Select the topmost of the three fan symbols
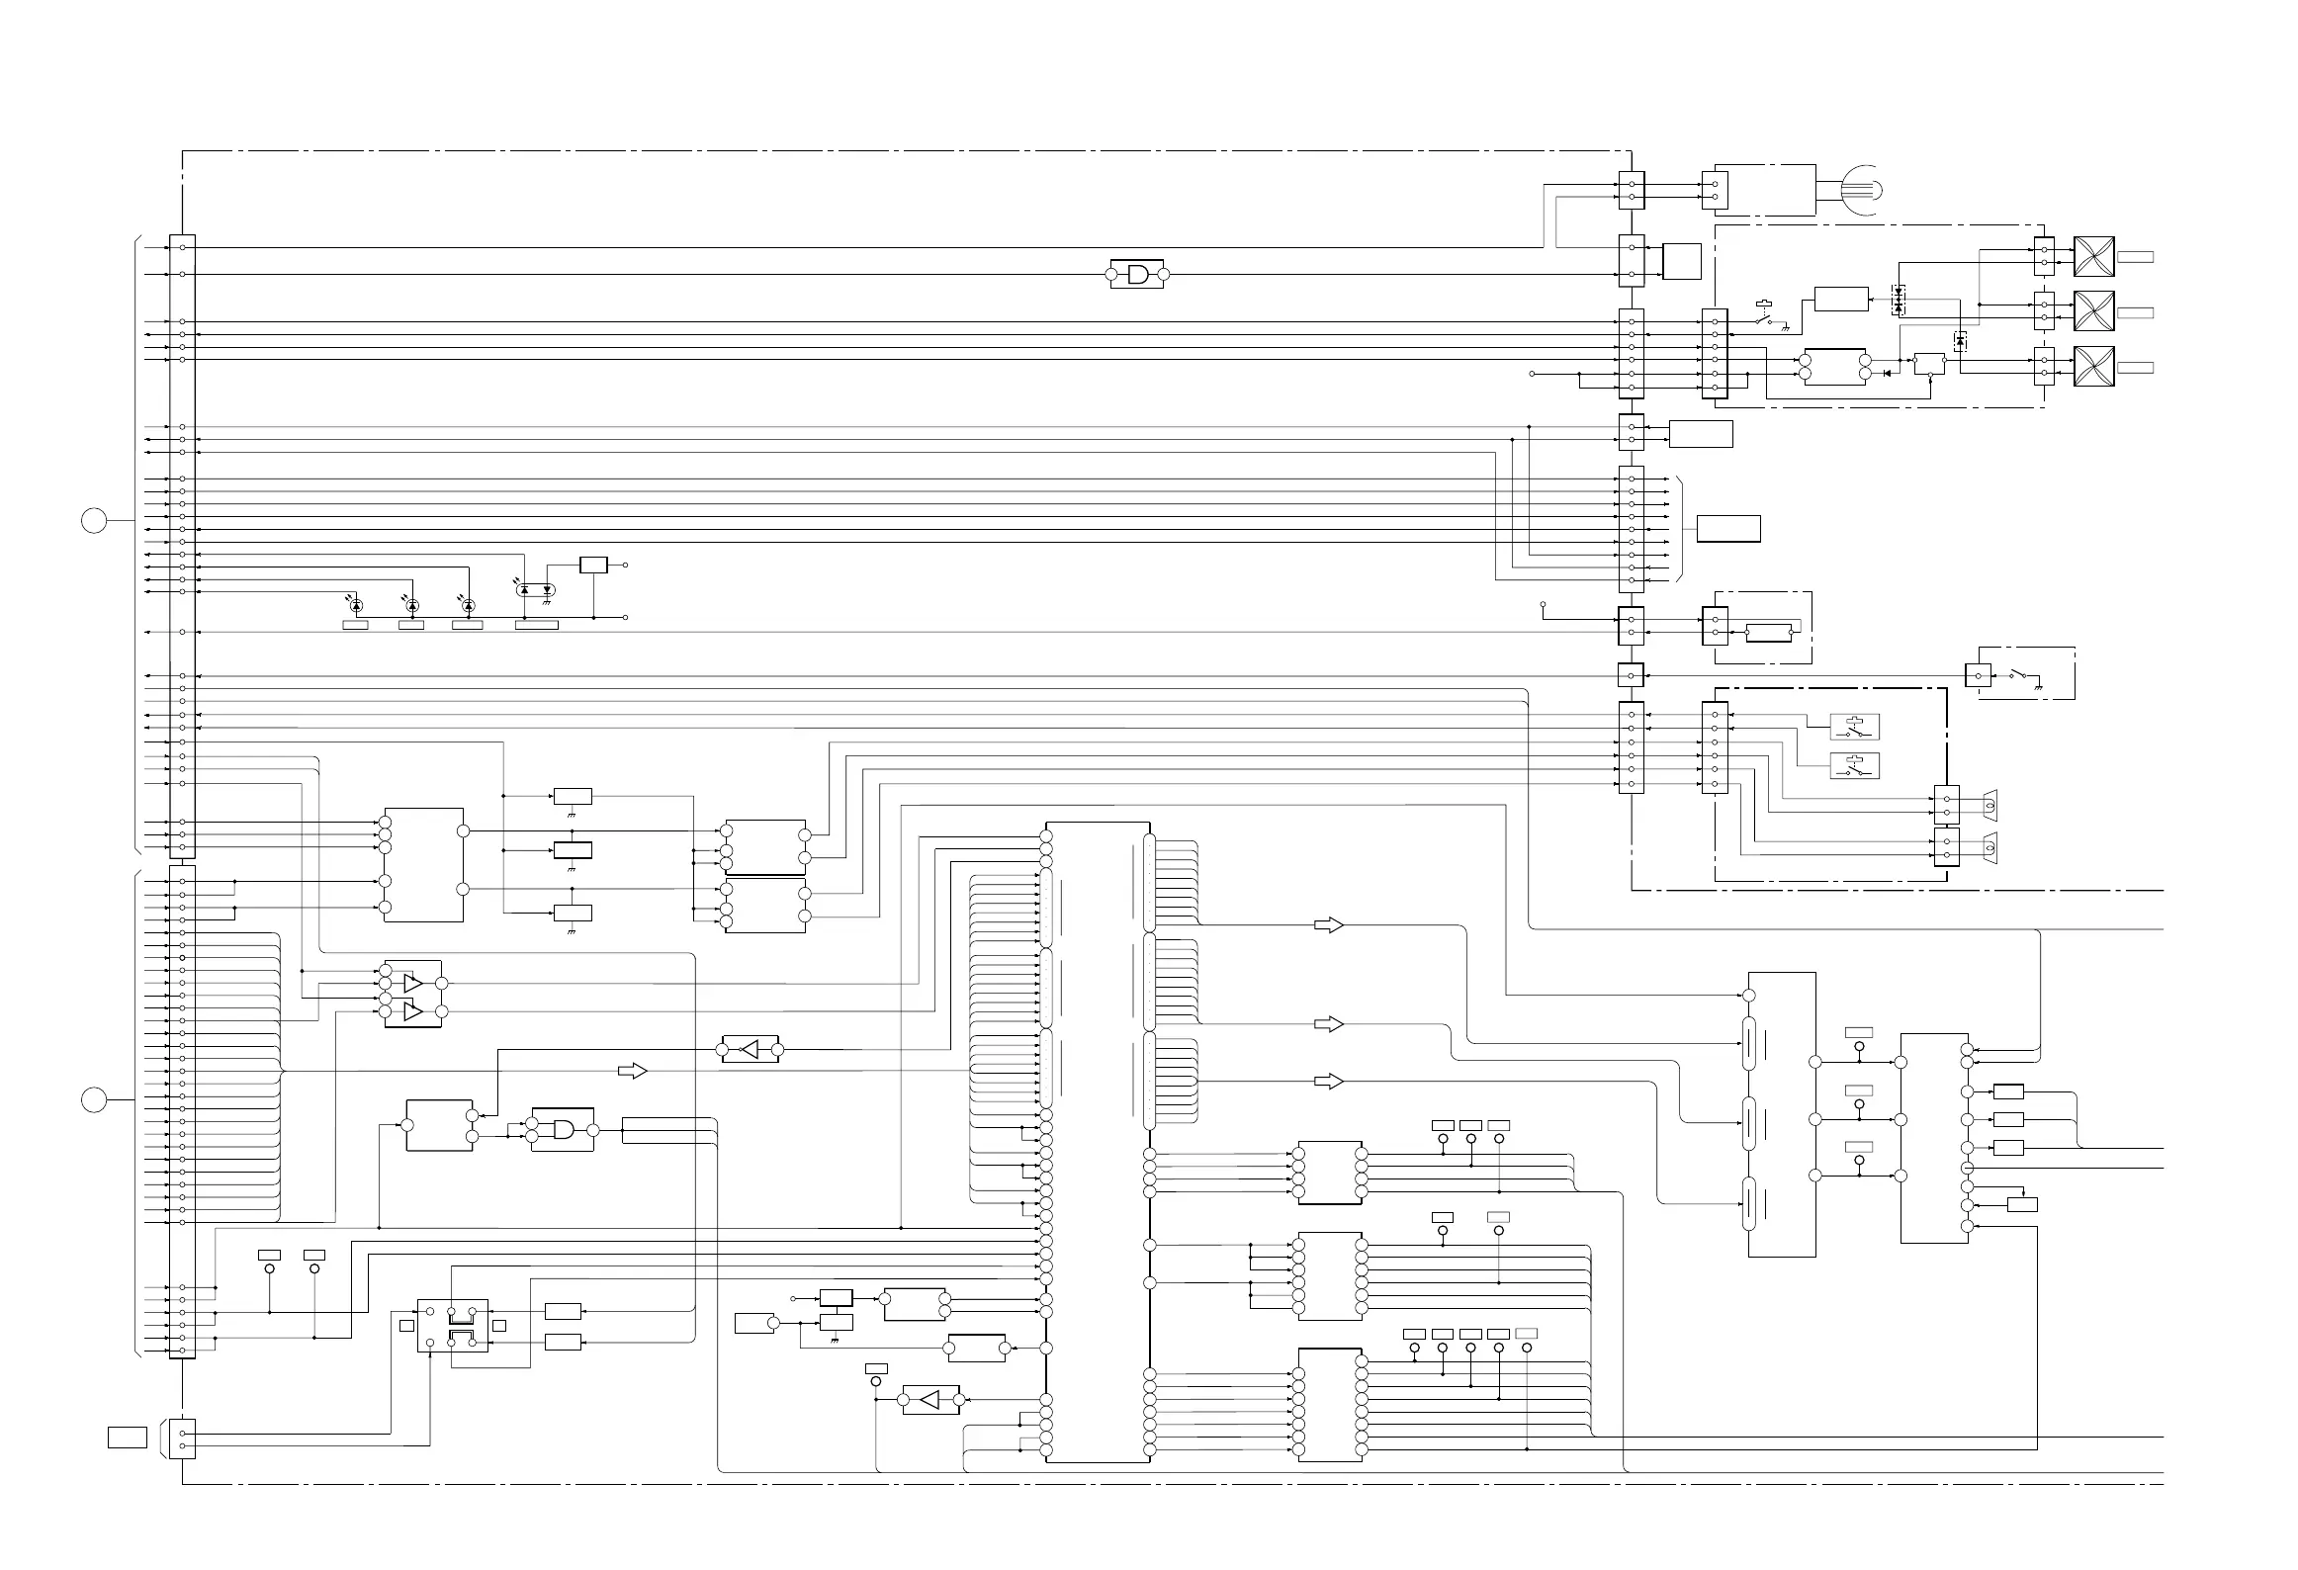(x=2093, y=257)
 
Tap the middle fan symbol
(x=2093, y=312)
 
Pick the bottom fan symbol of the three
(x=2093, y=367)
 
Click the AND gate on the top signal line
(x=1138, y=274)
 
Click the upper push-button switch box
(x=1854, y=728)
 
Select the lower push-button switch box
(x=1854, y=766)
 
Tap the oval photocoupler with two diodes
(x=536, y=589)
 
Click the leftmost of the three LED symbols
(x=356, y=604)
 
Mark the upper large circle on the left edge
(x=93, y=520)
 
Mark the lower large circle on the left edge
(x=93, y=1099)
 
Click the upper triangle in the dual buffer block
(x=413, y=984)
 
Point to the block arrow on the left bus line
(x=632, y=1071)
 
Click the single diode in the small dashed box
(x=1960, y=342)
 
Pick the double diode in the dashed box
(x=1898, y=300)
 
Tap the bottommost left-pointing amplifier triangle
(x=929, y=1400)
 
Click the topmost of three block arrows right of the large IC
(x=1329, y=925)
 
